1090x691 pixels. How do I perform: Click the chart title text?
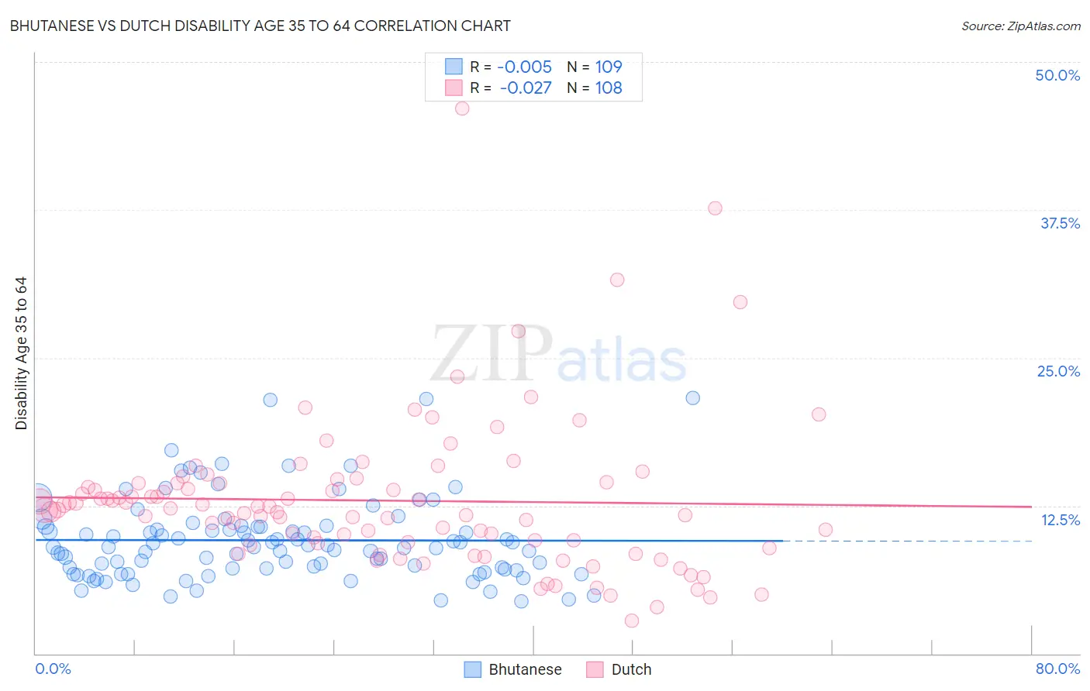click(260, 26)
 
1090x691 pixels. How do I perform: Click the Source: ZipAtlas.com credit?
click(1020, 26)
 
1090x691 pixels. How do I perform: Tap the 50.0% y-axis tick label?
click(1057, 75)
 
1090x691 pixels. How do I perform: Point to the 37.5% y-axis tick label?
click(1060, 223)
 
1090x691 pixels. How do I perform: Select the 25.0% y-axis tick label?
click(1058, 371)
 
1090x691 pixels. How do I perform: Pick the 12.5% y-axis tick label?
click(1060, 520)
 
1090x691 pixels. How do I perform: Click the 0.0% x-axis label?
click(53, 669)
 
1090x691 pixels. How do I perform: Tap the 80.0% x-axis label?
click(1057, 669)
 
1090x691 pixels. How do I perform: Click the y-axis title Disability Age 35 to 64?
click(21, 353)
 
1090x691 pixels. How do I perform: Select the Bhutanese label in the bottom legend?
click(525, 669)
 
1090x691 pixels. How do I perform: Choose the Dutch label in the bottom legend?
click(631, 669)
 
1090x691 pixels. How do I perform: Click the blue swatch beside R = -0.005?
click(454, 67)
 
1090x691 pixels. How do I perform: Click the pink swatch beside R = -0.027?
click(454, 88)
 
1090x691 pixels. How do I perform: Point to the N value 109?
click(609, 67)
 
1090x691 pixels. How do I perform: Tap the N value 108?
click(609, 88)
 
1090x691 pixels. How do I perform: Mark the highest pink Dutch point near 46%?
click(462, 108)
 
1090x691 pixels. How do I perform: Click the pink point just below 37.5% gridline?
click(715, 208)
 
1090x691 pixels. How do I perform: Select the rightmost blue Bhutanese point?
click(693, 397)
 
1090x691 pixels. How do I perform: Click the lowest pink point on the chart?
click(632, 621)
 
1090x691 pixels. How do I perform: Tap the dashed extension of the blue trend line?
click(907, 541)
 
